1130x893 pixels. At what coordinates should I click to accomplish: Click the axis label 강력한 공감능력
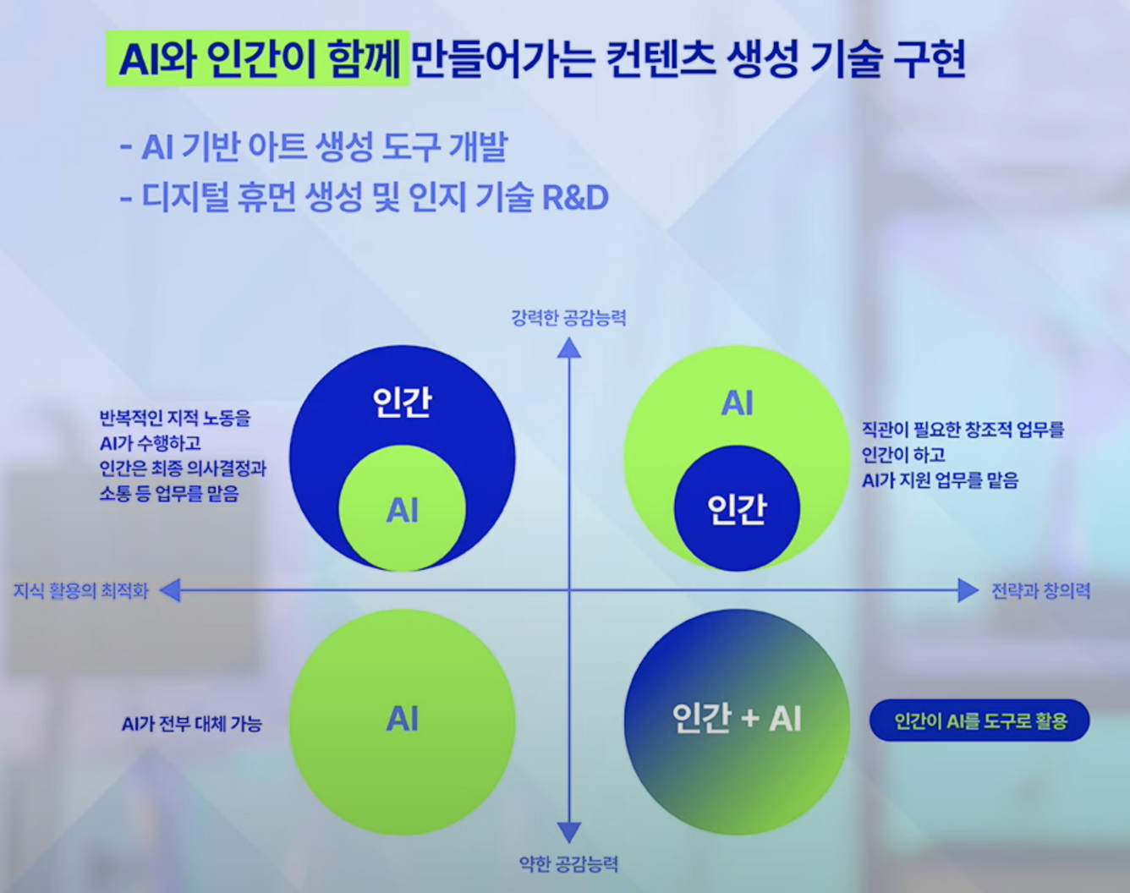click(568, 318)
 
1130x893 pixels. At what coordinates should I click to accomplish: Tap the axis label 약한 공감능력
click(568, 863)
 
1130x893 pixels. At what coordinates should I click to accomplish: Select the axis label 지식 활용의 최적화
click(81, 591)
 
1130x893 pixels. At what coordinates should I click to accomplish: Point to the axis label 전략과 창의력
click(1040, 591)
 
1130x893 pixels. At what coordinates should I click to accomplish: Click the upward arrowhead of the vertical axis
click(569, 347)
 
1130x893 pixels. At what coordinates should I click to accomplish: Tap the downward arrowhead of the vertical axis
click(569, 832)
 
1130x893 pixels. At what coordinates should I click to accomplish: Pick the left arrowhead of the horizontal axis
click(170, 590)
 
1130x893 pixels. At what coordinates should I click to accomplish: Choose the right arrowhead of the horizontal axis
click(968, 590)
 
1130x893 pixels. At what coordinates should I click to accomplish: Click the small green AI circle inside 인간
click(403, 510)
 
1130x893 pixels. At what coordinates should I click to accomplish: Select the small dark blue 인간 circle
click(737, 508)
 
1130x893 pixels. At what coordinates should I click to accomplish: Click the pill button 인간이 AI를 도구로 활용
click(979, 721)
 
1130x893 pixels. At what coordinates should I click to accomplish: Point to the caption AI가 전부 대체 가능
click(192, 724)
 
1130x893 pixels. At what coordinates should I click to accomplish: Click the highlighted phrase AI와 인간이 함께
click(258, 59)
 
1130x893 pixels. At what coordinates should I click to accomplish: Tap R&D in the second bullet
click(574, 197)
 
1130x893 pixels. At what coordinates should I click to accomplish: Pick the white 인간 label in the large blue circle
click(403, 402)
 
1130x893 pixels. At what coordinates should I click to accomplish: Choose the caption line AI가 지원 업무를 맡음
click(940, 480)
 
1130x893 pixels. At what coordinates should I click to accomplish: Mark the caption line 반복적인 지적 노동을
click(175, 418)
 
